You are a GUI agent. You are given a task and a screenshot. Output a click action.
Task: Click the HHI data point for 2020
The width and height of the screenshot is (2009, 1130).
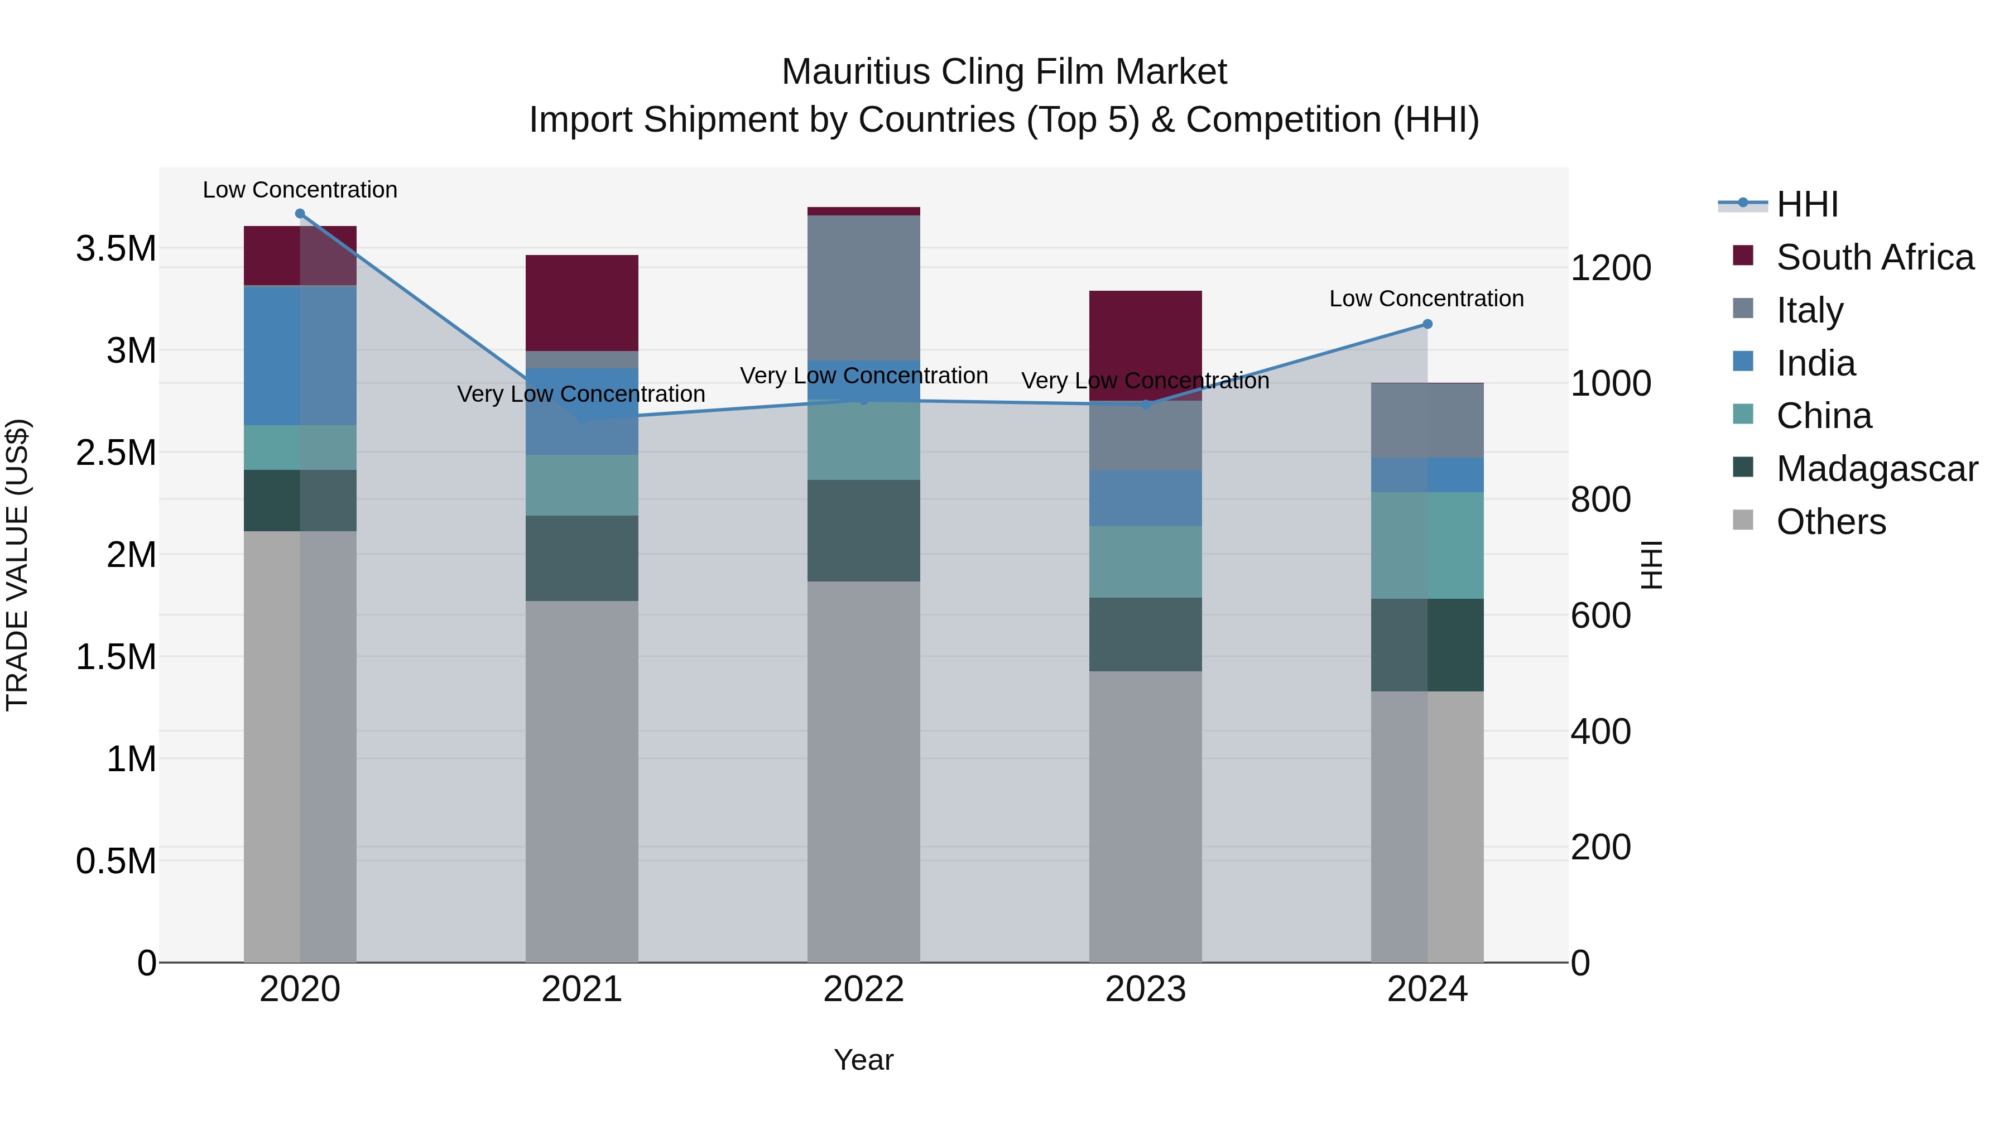click(300, 214)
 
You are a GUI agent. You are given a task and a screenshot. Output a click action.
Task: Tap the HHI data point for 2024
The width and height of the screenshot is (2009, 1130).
click(1427, 324)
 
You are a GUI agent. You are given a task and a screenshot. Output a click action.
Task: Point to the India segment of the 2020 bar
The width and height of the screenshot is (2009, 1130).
click(300, 355)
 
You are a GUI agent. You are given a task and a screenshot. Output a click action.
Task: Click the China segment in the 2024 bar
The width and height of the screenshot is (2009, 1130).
click(1427, 545)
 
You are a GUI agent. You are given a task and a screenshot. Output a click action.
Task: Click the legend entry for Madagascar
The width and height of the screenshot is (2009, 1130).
click(1876, 469)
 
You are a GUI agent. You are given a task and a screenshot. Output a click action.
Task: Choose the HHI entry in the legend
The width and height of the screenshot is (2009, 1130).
click(1807, 204)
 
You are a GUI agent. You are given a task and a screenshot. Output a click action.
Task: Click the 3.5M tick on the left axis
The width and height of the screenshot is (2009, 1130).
click(116, 249)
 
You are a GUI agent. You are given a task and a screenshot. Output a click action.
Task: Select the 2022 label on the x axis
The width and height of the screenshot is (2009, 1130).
click(863, 989)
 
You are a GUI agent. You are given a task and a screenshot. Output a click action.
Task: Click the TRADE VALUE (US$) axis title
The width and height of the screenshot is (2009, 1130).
click(18, 565)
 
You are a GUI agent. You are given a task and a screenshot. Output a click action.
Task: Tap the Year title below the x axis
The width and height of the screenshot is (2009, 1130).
click(863, 1060)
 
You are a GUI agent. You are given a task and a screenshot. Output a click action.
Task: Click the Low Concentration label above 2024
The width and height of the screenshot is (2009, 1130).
click(1426, 299)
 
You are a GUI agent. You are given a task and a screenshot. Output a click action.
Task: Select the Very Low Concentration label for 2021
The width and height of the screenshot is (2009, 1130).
click(581, 394)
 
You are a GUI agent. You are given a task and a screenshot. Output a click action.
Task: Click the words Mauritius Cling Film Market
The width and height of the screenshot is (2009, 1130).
click(1004, 72)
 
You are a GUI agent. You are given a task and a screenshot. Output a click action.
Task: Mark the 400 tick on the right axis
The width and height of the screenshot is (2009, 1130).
click(1601, 732)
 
